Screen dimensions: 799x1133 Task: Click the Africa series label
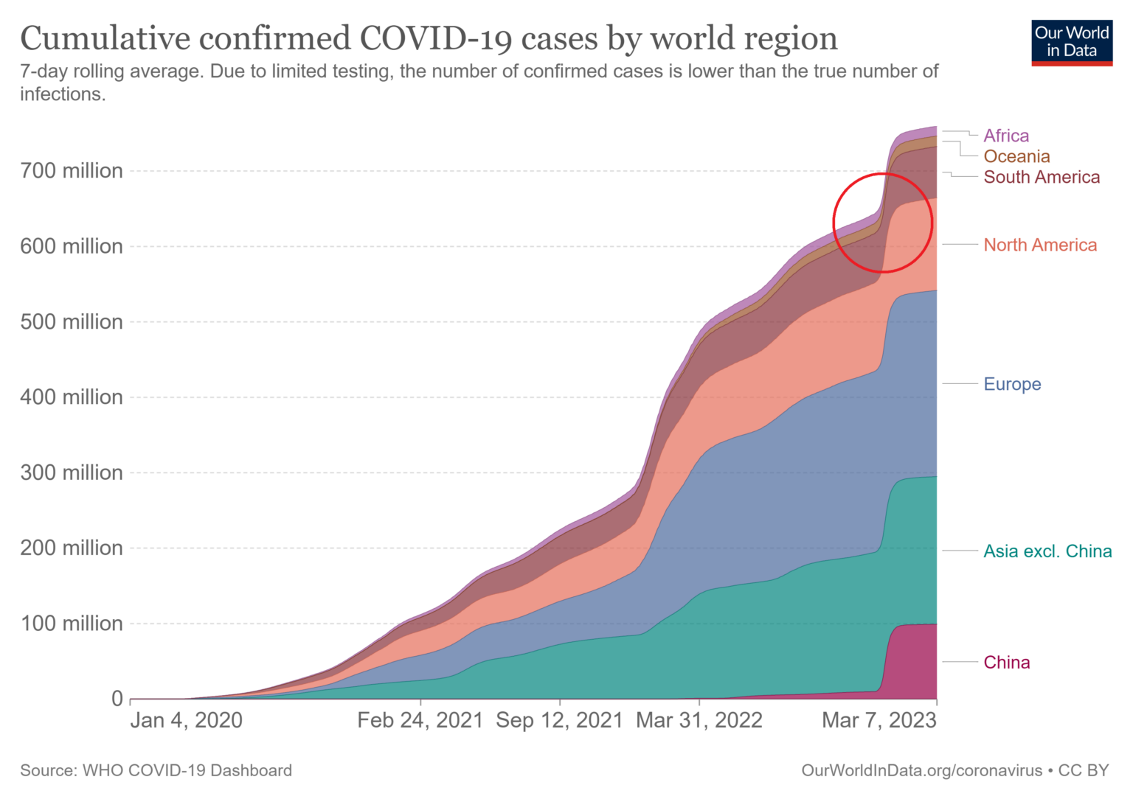pyautogui.click(x=1006, y=136)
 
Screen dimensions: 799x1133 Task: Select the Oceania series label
pyautogui.click(x=1016, y=156)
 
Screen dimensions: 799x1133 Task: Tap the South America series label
pyautogui.click(x=1042, y=177)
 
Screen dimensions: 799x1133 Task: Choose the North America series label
pyautogui.click(x=1040, y=245)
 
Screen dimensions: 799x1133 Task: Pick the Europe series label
pyautogui.click(x=1012, y=384)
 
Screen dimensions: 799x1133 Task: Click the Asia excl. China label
pyautogui.click(x=1047, y=551)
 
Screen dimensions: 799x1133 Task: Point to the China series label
pyautogui.click(x=1006, y=663)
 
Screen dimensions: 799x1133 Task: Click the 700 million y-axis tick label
pyautogui.click(x=72, y=171)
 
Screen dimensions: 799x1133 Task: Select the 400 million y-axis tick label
pyautogui.click(x=72, y=397)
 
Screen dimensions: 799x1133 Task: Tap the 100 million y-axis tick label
pyautogui.click(x=72, y=624)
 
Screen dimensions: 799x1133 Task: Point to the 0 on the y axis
pyautogui.click(x=117, y=699)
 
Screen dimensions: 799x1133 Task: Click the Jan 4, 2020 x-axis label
pyautogui.click(x=186, y=720)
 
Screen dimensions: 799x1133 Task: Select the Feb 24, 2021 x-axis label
pyautogui.click(x=420, y=720)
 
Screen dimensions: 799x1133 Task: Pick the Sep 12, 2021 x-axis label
pyautogui.click(x=559, y=720)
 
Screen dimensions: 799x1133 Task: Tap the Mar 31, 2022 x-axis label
pyautogui.click(x=699, y=720)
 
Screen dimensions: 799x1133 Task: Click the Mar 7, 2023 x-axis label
pyautogui.click(x=879, y=720)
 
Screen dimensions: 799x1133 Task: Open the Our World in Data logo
pyautogui.click(x=1072, y=43)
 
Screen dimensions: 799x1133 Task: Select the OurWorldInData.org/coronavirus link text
pyautogui.click(x=921, y=770)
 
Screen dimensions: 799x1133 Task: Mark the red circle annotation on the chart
pyautogui.click(x=883, y=223)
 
